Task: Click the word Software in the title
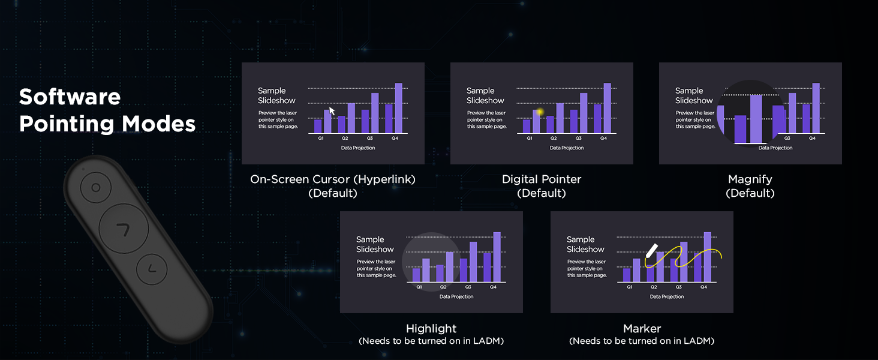point(70,97)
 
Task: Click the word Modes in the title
point(159,124)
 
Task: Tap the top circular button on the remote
point(95,187)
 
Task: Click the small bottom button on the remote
point(152,269)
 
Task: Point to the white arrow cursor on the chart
point(332,111)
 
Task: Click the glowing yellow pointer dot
point(540,112)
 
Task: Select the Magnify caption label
point(750,179)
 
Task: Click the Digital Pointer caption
point(542,179)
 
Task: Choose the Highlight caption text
point(431,328)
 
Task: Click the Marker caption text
point(642,328)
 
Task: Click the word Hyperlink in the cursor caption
point(384,179)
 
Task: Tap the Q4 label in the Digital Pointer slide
point(603,138)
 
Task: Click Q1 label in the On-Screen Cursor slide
point(321,138)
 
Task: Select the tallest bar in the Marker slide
point(708,257)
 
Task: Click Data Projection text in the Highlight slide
point(456,296)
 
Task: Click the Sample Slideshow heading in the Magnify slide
point(694,95)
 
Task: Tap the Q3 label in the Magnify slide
point(787,138)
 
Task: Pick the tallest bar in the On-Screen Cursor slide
point(399,108)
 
